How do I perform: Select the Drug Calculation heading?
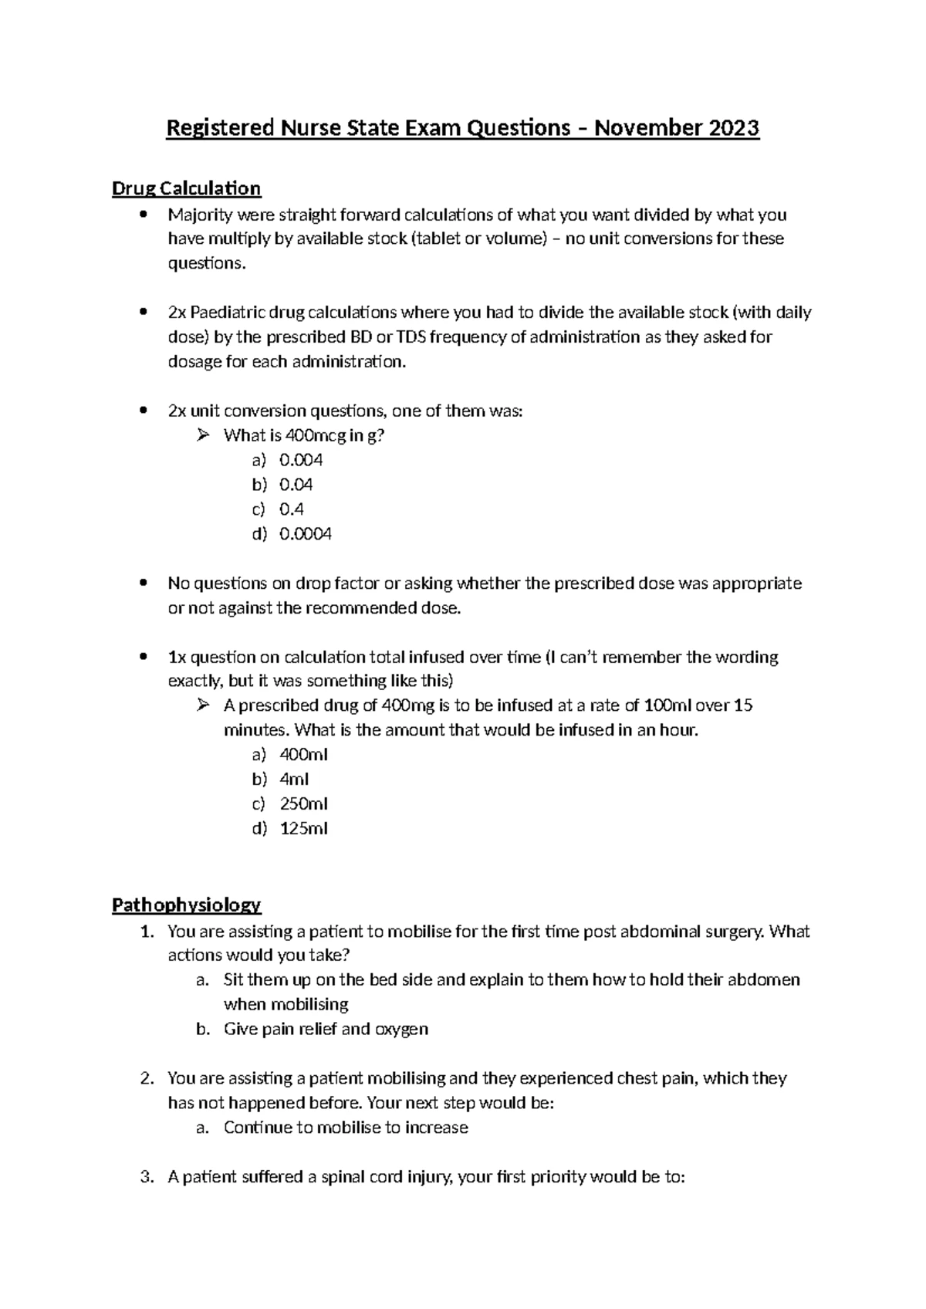pyautogui.click(x=186, y=188)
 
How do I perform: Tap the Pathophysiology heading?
pyautogui.click(x=186, y=905)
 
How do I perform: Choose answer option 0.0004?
pyautogui.click(x=305, y=534)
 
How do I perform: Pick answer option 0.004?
pyautogui.click(x=301, y=460)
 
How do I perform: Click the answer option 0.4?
pyautogui.click(x=292, y=509)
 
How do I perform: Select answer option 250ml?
pyautogui.click(x=303, y=803)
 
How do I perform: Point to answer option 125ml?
pyautogui.click(x=303, y=828)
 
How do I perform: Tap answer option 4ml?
pyautogui.click(x=294, y=779)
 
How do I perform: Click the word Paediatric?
pyautogui.click(x=228, y=313)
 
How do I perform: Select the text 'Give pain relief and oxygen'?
pyautogui.click(x=326, y=1029)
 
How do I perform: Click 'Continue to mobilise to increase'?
pyautogui.click(x=346, y=1128)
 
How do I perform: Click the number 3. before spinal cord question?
pyautogui.click(x=147, y=1177)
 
